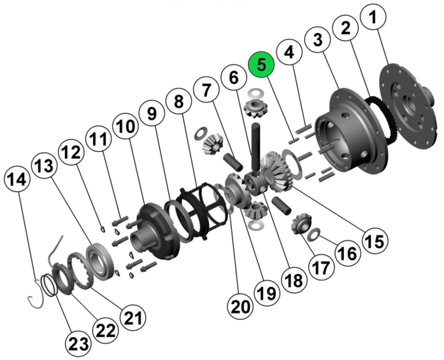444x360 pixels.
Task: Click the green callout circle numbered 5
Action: click(x=261, y=64)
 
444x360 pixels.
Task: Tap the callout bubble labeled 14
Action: click(x=17, y=179)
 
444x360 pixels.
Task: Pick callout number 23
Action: click(x=78, y=344)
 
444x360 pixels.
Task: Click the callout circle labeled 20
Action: click(x=240, y=307)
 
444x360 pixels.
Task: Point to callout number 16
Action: click(x=348, y=253)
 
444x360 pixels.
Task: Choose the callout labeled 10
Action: click(x=126, y=126)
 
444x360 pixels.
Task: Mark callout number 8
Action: click(x=179, y=101)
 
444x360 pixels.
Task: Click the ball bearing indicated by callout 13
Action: click(x=102, y=261)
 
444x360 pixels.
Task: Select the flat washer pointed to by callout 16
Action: click(x=314, y=234)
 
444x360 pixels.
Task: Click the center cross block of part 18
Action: click(x=256, y=184)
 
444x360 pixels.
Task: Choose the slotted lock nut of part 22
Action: click(x=64, y=278)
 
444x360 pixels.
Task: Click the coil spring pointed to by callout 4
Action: click(x=304, y=129)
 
